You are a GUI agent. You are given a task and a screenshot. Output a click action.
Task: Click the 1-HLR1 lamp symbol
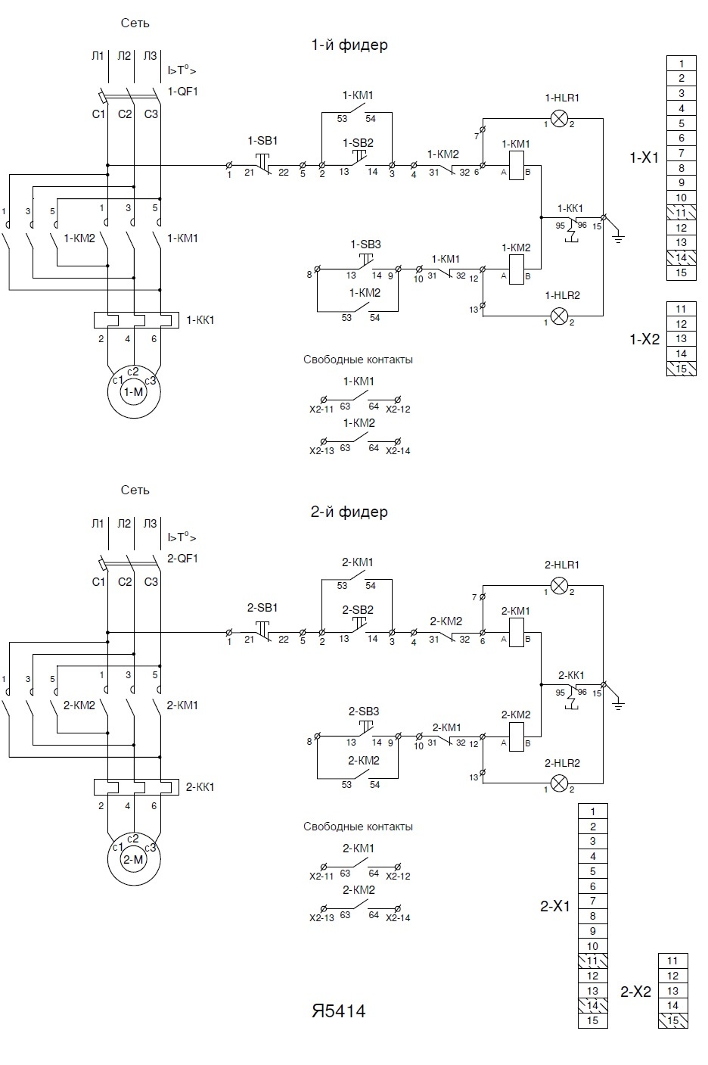coord(559,118)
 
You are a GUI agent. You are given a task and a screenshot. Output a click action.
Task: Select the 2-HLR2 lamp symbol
coord(559,783)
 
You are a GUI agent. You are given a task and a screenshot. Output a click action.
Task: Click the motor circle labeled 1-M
coord(133,391)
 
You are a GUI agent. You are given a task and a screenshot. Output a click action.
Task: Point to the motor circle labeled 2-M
coord(133,858)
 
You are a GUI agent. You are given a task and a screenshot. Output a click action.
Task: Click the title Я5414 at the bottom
coord(338,1011)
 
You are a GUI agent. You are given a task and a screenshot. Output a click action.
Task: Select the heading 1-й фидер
coord(349,45)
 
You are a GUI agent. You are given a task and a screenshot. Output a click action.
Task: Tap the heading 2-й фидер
coord(349,512)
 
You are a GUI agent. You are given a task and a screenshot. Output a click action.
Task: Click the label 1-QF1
coord(182,91)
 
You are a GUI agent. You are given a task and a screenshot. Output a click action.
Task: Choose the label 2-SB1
coord(262,608)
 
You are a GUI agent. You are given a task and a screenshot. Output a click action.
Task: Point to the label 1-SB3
coord(365,244)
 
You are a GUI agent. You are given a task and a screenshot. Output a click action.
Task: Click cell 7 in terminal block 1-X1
coord(681,153)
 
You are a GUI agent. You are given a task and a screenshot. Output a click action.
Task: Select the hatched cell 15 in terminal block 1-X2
coord(681,369)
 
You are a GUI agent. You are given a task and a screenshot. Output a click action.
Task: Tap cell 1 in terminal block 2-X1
coord(593,811)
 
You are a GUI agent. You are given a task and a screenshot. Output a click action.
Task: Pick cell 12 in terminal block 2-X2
coord(673,976)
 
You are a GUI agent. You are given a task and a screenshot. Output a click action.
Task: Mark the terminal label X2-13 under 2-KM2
coord(321,918)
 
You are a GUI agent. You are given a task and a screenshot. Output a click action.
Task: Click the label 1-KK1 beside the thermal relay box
coord(200,320)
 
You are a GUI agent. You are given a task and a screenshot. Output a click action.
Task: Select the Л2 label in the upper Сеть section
coord(124,55)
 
